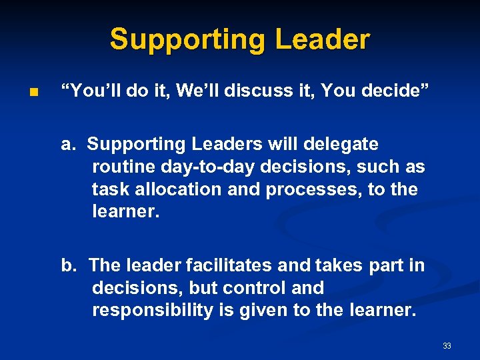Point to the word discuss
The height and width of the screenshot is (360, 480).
tap(254, 91)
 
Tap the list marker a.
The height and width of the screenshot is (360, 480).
tap(69, 144)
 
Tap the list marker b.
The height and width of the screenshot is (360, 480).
tap(69, 265)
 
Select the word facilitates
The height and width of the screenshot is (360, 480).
tap(229, 265)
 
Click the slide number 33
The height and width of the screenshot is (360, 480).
tap(447, 346)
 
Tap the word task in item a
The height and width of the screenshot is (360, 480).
tap(111, 189)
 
